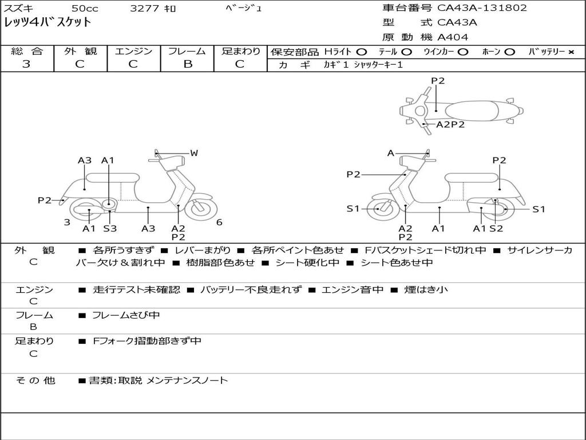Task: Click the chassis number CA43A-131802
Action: click(x=482, y=8)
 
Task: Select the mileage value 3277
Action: click(x=145, y=9)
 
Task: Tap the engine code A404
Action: click(x=453, y=37)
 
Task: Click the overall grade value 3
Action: click(x=26, y=64)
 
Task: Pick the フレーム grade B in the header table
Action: click(x=187, y=64)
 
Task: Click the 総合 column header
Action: click(x=26, y=51)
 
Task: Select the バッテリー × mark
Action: click(x=571, y=52)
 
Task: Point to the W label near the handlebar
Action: click(x=194, y=153)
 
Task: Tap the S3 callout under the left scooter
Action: click(x=110, y=229)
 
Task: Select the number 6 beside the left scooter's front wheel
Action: click(x=219, y=222)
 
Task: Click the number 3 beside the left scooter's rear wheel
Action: click(x=67, y=222)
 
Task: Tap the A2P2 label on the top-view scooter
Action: click(x=450, y=124)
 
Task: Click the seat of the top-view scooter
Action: click(x=473, y=109)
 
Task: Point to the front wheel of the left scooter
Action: click(x=201, y=208)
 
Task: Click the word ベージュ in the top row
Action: click(x=244, y=9)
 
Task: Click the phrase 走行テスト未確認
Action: click(x=136, y=290)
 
